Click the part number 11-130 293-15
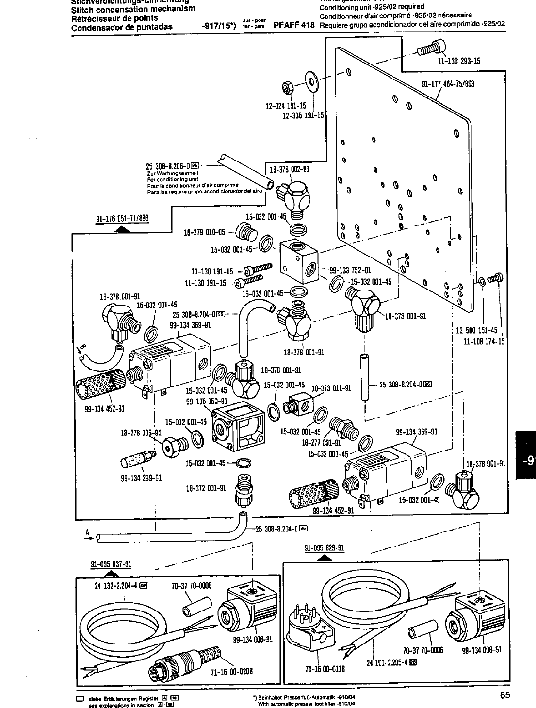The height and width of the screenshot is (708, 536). coord(458,61)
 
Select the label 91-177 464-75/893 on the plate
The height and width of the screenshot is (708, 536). coord(447,84)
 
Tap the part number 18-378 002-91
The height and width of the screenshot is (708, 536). coord(289,169)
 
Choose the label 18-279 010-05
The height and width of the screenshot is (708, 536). coord(204,232)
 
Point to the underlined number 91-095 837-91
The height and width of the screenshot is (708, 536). coord(111,564)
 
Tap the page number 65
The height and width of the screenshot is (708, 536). coord(504,695)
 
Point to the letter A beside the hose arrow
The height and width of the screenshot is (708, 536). coord(88,532)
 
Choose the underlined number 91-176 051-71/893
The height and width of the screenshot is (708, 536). coord(122,218)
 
